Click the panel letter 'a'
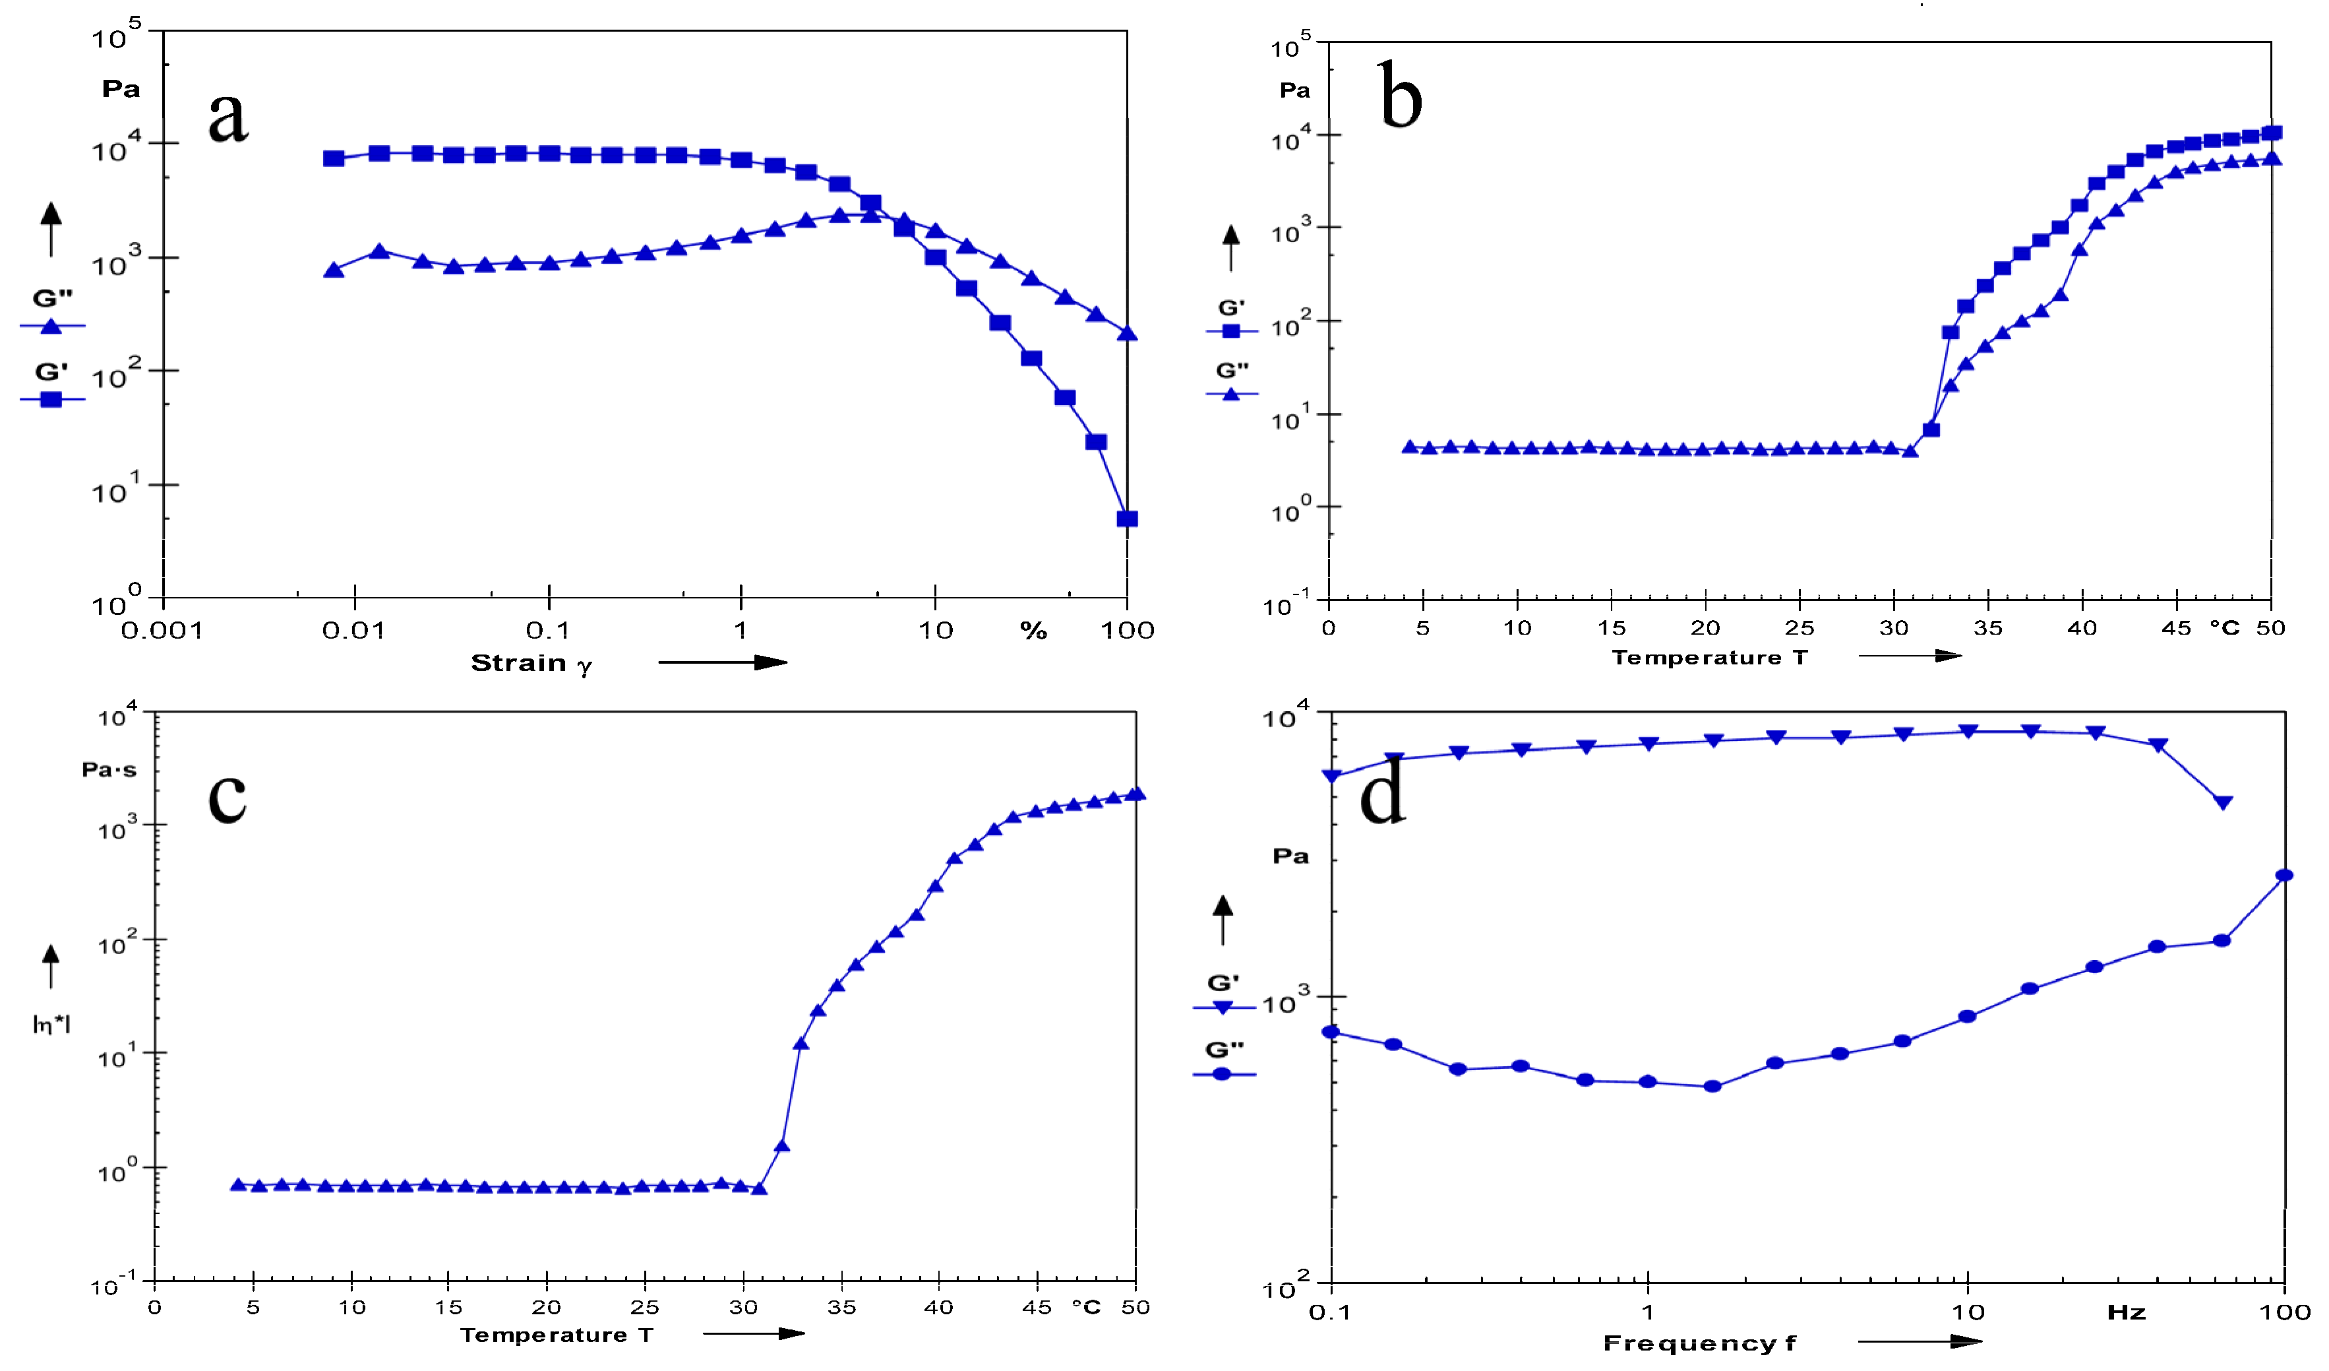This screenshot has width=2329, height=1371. pos(228,117)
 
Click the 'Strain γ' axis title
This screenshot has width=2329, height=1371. pos(531,664)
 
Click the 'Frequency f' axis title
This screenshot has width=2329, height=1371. pos(1699,1343)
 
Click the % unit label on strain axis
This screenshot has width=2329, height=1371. pos(1033,631)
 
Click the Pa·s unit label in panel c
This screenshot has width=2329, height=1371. pos(109,770)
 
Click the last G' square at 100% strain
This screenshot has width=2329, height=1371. pos(1127,519)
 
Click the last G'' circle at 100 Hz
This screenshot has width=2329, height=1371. pos(2284,876)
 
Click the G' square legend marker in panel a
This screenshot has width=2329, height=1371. pos(51,399)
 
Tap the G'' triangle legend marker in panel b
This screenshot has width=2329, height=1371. pos(1231,394)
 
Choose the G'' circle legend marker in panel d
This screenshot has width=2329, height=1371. pos(1222,1074)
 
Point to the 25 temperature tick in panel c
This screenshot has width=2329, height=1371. pos(644,1307)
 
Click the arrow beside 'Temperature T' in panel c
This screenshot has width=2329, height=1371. pos(753,1333)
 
